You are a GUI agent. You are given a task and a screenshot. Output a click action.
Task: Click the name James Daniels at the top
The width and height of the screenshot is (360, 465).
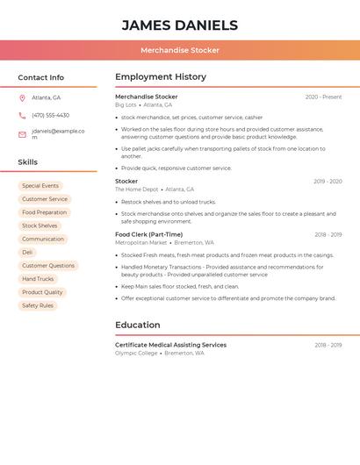point(179,25)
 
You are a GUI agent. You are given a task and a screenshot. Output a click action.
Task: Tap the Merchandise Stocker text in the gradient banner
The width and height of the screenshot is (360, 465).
point(179,50)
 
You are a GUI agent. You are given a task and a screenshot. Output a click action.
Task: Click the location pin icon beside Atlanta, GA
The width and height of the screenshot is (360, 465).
point(22,97)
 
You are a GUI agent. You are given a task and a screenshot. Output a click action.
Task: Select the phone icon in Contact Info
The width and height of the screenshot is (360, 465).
point(22,115)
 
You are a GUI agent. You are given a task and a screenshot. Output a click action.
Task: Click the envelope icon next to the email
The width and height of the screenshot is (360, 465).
point(22,134)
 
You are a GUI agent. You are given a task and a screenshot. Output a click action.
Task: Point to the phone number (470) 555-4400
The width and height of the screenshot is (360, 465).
point(50,115)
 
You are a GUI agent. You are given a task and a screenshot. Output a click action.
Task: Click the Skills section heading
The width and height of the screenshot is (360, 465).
point(28,161)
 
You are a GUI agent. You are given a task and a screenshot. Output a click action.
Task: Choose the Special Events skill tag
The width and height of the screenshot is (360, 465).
point(40,186)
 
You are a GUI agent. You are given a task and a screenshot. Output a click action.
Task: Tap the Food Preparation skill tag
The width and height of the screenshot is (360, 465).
point(44,212)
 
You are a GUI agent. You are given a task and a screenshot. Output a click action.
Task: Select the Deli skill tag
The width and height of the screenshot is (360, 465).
point(27,253)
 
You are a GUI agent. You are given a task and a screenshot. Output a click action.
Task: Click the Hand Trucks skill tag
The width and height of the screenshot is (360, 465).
point(38,279)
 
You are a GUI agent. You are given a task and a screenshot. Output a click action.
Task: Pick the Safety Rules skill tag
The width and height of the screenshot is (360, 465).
point(38,305)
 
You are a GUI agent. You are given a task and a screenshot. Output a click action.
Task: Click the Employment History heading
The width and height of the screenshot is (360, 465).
point(161,76)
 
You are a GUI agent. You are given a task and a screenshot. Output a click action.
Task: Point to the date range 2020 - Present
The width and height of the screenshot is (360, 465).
point(323,97)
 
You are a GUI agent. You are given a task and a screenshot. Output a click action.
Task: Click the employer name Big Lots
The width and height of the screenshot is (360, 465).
point(126,104)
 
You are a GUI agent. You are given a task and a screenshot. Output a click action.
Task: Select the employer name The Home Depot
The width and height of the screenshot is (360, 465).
point(136,190)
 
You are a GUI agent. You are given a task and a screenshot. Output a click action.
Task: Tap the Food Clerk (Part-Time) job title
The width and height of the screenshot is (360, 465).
point(148,234)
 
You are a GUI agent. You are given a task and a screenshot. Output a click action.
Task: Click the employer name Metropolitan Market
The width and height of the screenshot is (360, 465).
point(140,243)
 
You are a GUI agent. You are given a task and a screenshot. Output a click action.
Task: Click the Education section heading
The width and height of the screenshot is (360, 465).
point(137,325)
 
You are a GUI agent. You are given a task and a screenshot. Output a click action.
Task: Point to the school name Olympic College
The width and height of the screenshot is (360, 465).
point(136,353)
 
